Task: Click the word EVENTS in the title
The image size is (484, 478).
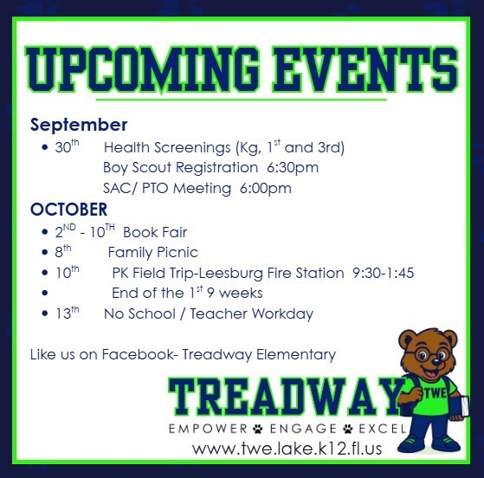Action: coord(365,70)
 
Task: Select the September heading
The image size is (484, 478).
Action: coord(79,126)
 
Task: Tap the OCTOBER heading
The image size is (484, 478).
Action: coord(69,210)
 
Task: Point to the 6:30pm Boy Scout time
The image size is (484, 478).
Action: coord(293,168)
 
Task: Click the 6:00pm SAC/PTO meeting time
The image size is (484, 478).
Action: coord(266,189)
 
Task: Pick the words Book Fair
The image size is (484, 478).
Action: coord(155,232)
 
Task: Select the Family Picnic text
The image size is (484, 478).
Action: coord(152,253)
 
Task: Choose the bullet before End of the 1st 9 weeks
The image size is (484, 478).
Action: coord(45,293)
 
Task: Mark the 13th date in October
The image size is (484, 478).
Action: coord(68,313)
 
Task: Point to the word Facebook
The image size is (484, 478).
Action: coord(138,354)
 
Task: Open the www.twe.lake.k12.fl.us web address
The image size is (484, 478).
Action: coord(287,449)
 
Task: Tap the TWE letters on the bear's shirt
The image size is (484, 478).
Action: coord(436,393)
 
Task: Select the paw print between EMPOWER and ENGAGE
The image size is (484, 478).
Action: coord(258,429)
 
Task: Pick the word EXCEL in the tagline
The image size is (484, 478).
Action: coord(383,429)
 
